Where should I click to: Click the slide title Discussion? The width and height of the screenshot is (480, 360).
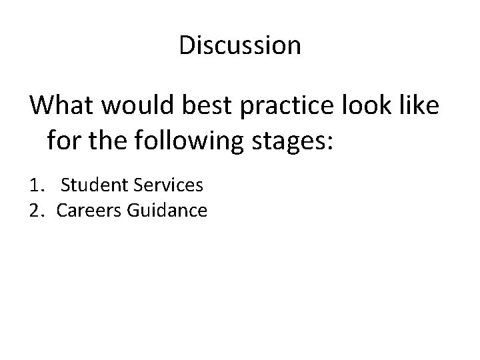tap(240, 46)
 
